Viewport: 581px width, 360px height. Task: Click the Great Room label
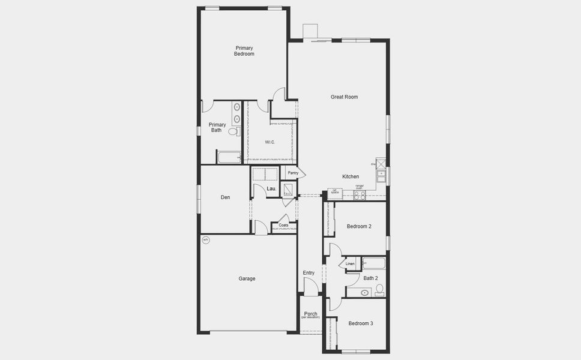[x=344, y=97]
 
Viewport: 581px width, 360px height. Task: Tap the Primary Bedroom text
[x=244, y=51]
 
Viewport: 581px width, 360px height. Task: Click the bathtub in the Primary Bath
[x=229, y=158]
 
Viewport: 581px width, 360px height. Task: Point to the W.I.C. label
[x=270, y=142]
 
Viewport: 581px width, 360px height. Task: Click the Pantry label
[x=293, y=173]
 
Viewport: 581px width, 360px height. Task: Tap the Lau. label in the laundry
[x=271, y=190]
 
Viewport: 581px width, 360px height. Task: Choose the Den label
[x=225, y=197]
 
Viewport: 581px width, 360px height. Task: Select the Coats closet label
[x=283, y=226]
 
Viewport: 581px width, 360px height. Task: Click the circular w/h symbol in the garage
[x=206, y=241]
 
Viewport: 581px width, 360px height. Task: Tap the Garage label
[x=247, y=278]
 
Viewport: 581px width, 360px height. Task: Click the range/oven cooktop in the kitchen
[x=360, y=194]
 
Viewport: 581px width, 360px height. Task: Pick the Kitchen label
[x=351, y=176]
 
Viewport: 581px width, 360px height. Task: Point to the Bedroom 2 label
[x=359, y=226]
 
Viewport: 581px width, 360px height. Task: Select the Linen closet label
[x=350, y=264]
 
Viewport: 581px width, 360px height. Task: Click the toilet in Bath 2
[x=379, y=290]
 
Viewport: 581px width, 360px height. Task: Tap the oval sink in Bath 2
[x=364, y=293]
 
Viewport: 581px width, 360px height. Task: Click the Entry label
[x=309, y=273]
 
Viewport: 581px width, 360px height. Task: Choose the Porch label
[x=310, y=314]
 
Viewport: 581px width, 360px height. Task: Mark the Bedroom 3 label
[x=361, y=323]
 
